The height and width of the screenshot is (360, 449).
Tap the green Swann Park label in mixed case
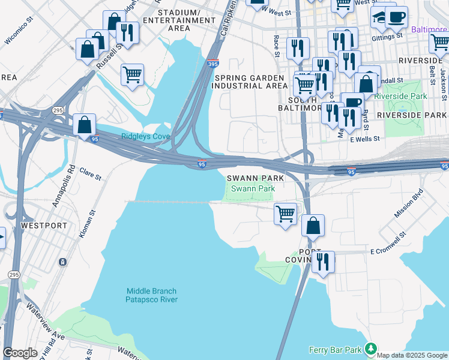click(253, 188)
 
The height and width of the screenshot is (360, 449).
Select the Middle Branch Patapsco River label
click(151, 295)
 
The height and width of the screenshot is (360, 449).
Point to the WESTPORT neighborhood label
click(44, 226)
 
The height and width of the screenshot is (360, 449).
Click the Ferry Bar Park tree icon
click(371, 349)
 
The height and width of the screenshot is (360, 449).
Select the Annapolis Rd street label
click(62, 186)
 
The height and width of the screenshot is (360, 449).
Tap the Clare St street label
click(91, 174)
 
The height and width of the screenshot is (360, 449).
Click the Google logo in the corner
click(20, 353)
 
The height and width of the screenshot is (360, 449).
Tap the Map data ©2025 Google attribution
click(412, 355)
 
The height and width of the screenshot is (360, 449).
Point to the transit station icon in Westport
click(62, 262)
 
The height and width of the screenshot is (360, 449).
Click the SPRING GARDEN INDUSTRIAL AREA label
click(251, 82)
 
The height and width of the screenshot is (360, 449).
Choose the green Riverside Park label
click(400, 96)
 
